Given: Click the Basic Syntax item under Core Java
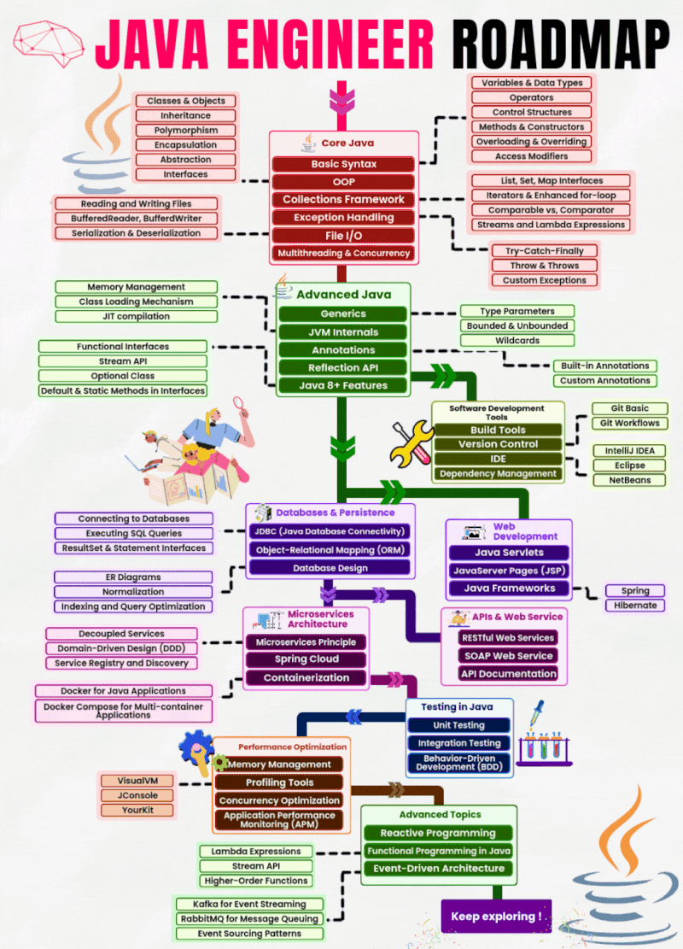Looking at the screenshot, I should [x=344, y=164].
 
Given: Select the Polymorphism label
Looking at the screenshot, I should [x=186, y=131].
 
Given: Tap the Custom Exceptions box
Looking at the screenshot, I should [x=544, y=280].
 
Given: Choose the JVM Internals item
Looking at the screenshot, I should [x=343, y=332].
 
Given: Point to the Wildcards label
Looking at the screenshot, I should [x=517, y=340].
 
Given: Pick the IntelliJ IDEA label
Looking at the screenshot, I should [x=630, y=451].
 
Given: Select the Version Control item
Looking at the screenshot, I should [x=498, y=444].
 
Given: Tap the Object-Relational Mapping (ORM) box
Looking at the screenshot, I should [x=330, y=550].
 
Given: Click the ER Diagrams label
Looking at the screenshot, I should [x=133, y=577].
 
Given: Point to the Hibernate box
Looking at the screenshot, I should [x=635, y=606].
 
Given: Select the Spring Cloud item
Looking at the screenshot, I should [x=306, y=659].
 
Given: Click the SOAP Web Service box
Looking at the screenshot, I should [x=507, y=656].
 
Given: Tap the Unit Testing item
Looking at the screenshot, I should [x=458, y=725].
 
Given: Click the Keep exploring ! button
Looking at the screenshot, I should [x=496, y=917].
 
